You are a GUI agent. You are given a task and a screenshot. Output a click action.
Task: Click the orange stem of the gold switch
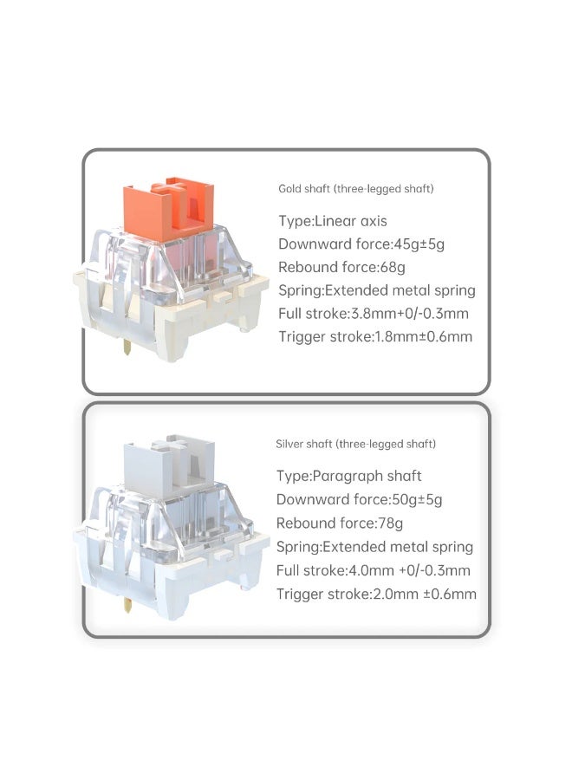[x=168, y=209]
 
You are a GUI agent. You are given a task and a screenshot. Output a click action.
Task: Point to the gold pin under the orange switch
[x=127, y=347]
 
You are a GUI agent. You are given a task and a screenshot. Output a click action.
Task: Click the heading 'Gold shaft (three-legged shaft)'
[x=355, y=189]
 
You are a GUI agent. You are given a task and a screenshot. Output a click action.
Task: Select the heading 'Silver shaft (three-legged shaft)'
[x=355, y=444]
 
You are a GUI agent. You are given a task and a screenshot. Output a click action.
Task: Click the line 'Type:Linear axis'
[x=332, y=221]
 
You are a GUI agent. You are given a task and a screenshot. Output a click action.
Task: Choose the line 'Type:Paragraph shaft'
[x=348, y=476]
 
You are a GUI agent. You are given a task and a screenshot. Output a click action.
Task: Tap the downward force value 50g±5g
[x=417, y=499]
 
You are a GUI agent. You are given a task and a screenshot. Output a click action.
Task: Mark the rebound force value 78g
[x=390, y=523]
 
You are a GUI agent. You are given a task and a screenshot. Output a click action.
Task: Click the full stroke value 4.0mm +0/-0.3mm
[x=408, y=570]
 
